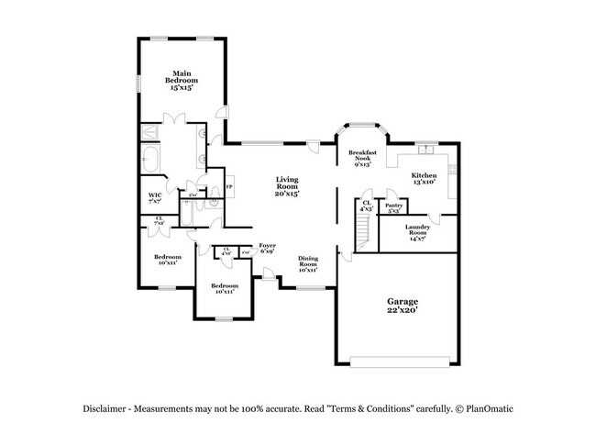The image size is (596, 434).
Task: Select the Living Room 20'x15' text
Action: (287, 187)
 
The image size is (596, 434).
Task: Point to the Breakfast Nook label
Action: (361, 158)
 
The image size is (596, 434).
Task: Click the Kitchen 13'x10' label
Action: (423, 178)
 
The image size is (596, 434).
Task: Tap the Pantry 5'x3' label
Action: (394, 208)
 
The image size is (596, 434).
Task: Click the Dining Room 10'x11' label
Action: (307, 263)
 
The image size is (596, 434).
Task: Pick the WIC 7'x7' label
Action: (155, 197)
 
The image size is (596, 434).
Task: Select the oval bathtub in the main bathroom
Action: (151, 162)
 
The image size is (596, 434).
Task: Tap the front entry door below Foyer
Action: (266, 273)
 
